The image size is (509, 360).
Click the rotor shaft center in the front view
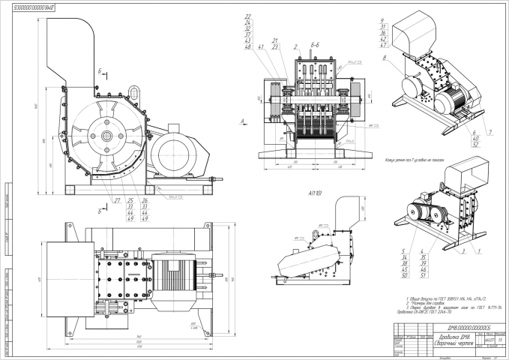click(107, 136)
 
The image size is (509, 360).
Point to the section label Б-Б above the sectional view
click(318, 46)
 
